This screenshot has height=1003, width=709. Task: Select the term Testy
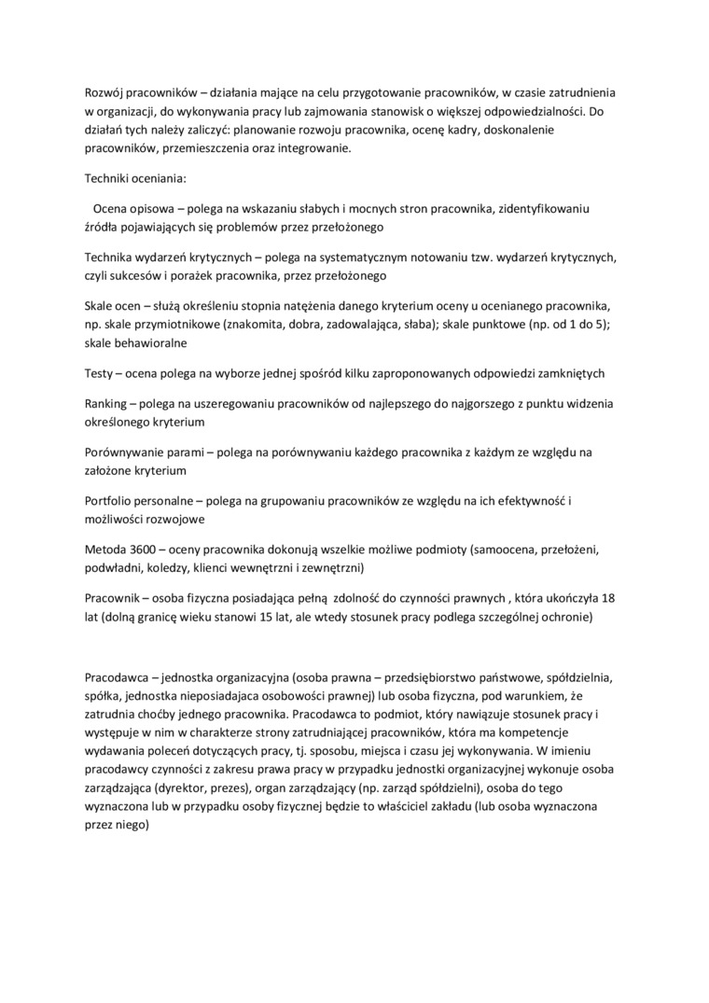click(100, 373)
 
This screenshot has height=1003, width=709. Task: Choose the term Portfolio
click(109, 501)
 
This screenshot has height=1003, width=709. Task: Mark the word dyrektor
click(169, 788)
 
